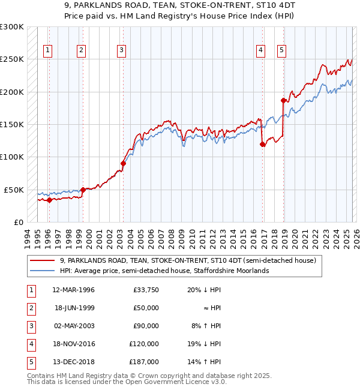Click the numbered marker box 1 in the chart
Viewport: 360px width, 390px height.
[x=47, y=51]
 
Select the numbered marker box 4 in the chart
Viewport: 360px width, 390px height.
[x=261, y=51]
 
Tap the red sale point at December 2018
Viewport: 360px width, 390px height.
[x=283, y=100]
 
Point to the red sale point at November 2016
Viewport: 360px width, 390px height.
[x=262, y=144]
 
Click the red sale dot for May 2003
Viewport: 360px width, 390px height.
[x=123, y=163]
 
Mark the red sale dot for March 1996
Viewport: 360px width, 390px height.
[x=49, y=200]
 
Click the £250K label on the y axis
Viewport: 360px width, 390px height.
[x=12, y=59]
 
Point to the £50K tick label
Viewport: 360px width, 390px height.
[x=14, y=190]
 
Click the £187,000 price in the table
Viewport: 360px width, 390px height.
[x=145, y=362]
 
